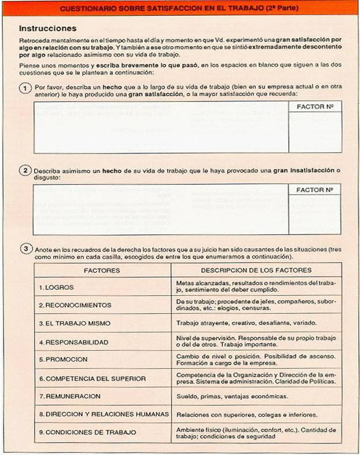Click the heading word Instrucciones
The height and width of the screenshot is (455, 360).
tap(47, 28)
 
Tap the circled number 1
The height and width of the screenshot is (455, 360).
tap(25, 87)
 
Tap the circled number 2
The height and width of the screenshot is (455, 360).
tap(25, 170)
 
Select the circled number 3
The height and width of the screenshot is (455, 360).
tap(25, 249)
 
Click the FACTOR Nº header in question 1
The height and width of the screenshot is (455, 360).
tap(314, 107)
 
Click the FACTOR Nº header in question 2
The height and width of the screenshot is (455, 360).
tap(314, 190)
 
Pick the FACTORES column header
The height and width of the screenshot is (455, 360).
tap(102, 270)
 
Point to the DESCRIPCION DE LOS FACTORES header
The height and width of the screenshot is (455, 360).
tap(256, 270)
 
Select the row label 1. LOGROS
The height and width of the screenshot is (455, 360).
tap(56, 287)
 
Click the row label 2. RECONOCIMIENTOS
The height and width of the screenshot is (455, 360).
tap(75, 305)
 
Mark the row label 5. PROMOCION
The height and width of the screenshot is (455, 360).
tap(63, 359)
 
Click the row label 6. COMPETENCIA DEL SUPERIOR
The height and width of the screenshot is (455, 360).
tap(92, 378)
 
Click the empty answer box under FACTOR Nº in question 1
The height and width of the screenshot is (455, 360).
tap(314, 133)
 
